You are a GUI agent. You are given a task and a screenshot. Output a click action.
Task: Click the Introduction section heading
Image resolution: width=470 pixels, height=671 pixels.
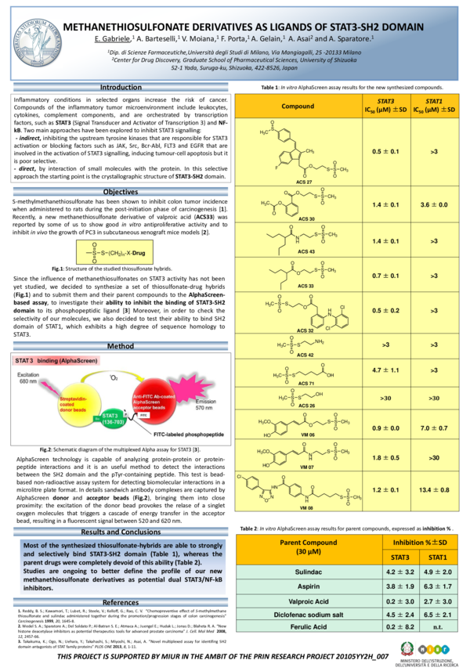click(x=121, y=88)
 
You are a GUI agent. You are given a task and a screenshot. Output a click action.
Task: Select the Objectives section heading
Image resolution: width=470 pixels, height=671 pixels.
click(x=121, y=192)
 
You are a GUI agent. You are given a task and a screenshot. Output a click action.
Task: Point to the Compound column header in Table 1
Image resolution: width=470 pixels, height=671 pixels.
click(x=298, y=106)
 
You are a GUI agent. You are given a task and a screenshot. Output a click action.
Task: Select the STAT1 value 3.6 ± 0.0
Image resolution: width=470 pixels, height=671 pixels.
click(x=433, y=204)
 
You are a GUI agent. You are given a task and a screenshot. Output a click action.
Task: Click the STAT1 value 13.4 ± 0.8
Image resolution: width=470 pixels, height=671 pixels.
click(x=433, y=489)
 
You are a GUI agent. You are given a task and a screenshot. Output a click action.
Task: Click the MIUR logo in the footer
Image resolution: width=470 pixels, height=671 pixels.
click(x=436, y=649)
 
